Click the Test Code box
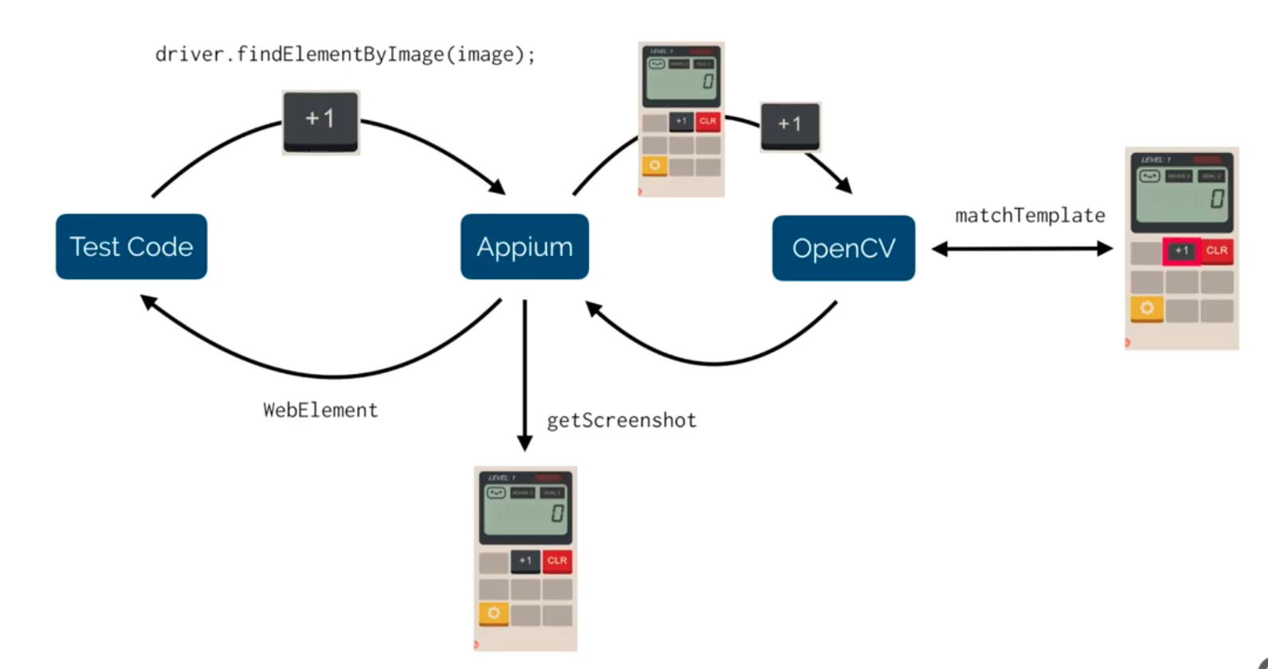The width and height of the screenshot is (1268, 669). (132, 246)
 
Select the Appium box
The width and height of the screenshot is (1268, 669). (524, 246)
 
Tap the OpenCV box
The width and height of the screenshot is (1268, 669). (843, 248)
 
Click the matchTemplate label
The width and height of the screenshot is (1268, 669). (1030, 215)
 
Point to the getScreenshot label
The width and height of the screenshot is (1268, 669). (622, 420)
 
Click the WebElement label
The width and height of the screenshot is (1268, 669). (320, 410)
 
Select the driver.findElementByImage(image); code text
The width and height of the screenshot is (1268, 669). (345, 54)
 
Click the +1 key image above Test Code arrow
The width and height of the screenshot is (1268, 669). (320, 120)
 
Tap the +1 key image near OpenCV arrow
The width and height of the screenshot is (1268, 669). (790, 125)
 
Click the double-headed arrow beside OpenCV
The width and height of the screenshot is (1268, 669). (1022, 249)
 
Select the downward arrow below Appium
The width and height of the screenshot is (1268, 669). (524, 375)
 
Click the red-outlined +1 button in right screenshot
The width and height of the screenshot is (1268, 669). (1181, 250)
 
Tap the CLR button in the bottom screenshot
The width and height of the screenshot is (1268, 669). (557, 561)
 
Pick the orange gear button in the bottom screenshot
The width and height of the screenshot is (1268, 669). (493, 613)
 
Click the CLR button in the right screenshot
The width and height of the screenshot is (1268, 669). (1216, 250)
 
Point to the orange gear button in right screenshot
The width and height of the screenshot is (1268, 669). (1147, 308)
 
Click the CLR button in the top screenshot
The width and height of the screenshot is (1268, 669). (708, 121)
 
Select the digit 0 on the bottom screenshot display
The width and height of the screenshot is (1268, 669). (557, 514)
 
